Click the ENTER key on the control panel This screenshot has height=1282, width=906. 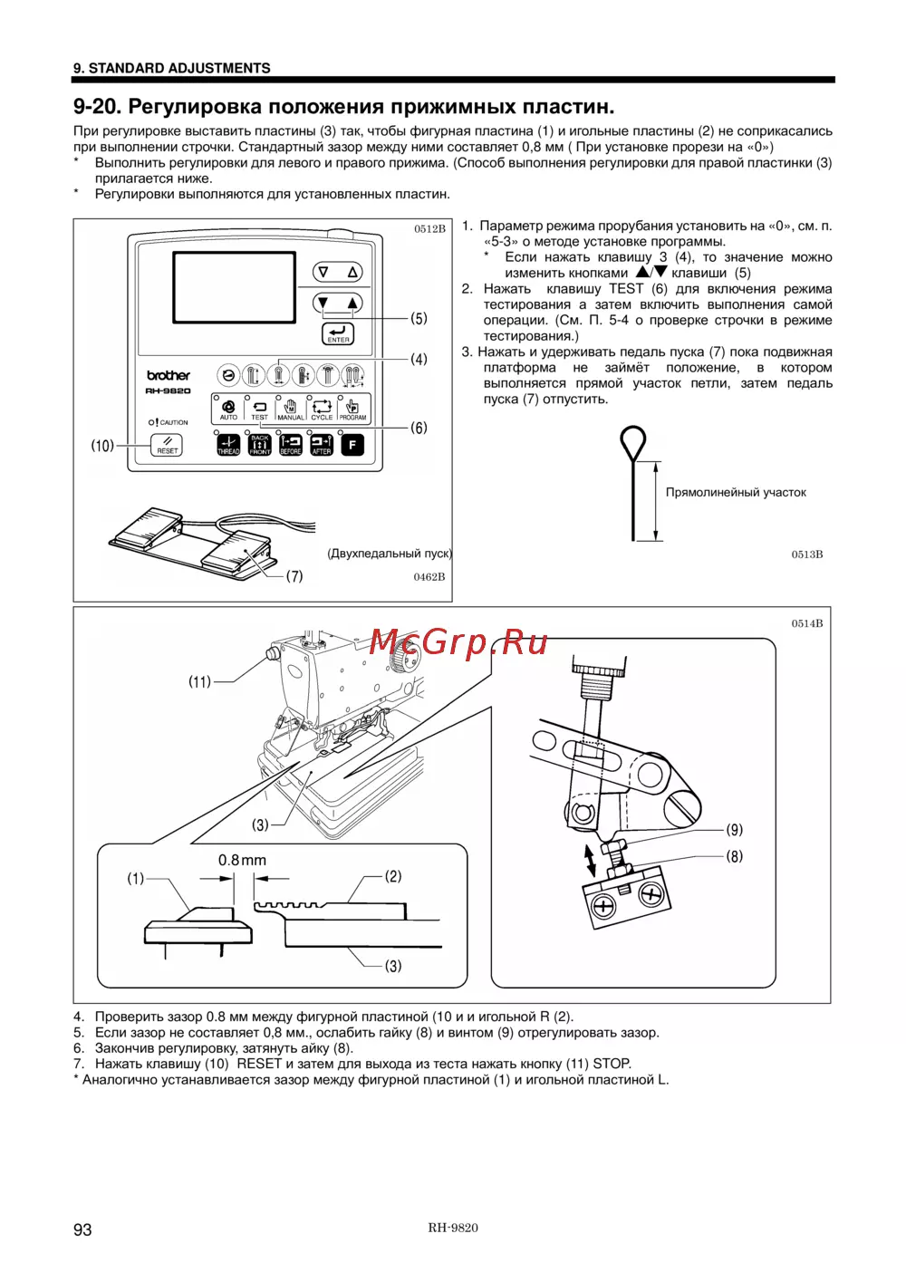[338, 333]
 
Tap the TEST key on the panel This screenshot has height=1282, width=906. [259, 410]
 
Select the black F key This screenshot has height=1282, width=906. [352, 445]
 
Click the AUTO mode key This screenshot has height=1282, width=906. [228, 410]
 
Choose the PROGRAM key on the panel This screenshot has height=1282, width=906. [352, 410]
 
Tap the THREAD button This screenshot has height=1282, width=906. [228, 445]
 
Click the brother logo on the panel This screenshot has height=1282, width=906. [169, 375]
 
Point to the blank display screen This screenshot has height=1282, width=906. [234, 288]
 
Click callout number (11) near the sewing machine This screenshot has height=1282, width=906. [199, 681]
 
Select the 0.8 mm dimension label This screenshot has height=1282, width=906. [242, 860]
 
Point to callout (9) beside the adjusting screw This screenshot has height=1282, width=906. [734, 829]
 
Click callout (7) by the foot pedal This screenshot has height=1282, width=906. [294, 576]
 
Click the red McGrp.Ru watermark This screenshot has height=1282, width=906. [458, 642]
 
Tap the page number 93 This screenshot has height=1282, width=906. [82, 1229]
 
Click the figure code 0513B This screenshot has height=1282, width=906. [807, 554]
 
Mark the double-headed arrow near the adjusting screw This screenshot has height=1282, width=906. [590, 862]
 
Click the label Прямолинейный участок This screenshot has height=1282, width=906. [736, 492]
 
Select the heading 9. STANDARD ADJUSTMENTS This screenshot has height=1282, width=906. [172, 68]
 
